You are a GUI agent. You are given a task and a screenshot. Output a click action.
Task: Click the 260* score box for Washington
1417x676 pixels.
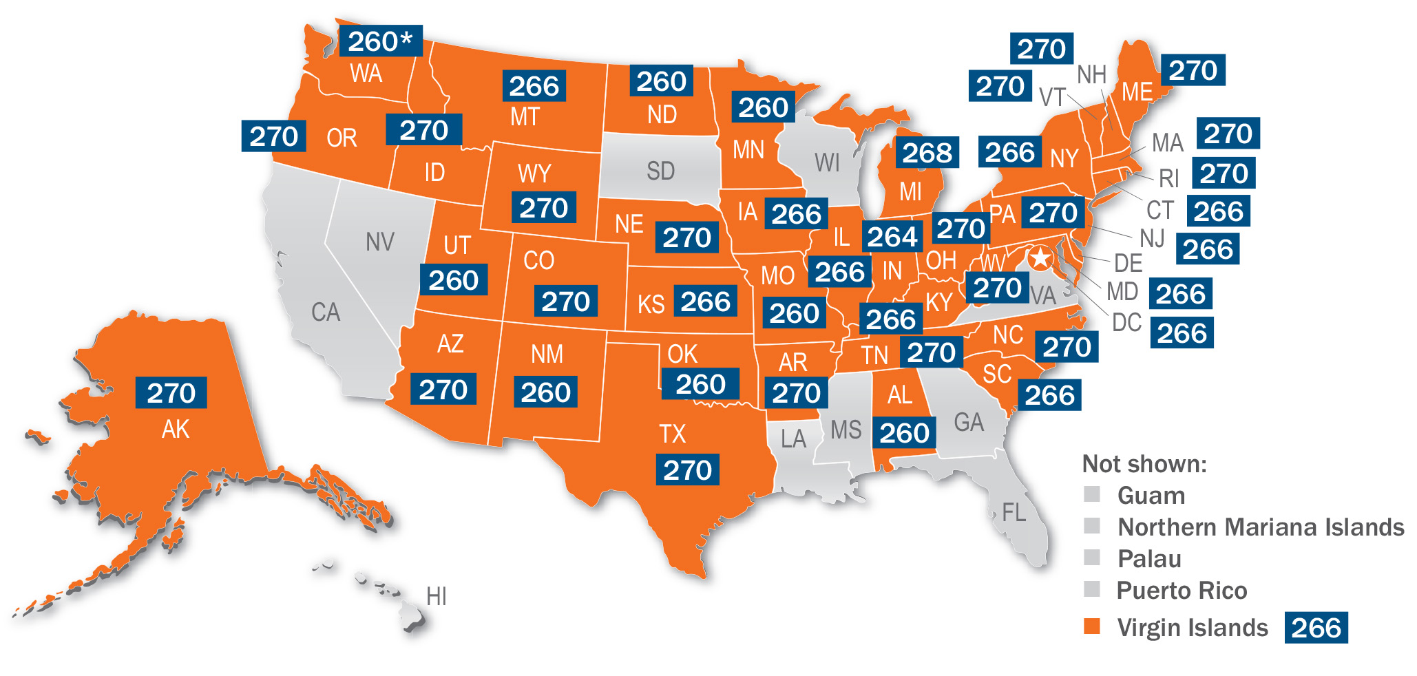[x=381, y=42]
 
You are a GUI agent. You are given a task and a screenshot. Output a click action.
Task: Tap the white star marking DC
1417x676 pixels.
[x=1040, y=259]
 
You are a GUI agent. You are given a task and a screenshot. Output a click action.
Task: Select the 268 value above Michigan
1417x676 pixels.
[x=927, y=153]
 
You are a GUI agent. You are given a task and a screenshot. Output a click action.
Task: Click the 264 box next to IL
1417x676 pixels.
[x=892, y=237]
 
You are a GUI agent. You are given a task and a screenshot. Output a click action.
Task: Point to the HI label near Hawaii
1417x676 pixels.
[x=436, y=596]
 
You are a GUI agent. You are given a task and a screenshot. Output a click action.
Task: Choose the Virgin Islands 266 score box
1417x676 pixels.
[x=1315, y=628]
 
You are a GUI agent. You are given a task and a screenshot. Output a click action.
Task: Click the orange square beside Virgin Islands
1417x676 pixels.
[x=1091, y=626]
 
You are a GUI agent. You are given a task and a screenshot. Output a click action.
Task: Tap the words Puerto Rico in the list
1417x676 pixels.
[x=1181, y=591]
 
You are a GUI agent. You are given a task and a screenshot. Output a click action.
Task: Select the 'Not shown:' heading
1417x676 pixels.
[x=1144, y=464]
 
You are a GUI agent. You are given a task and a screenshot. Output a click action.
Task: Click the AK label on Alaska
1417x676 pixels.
[x=175, y=430]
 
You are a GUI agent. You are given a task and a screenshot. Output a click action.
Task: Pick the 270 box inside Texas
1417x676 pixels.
[x=687, y=470]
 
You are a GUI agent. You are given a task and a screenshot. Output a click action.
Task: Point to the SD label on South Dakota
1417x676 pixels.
[x=660, y=171]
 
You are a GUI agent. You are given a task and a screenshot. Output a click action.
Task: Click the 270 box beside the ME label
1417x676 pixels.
[x=1193, y=70]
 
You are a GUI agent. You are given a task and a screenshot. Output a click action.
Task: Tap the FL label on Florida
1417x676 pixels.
[x=1014, y=512]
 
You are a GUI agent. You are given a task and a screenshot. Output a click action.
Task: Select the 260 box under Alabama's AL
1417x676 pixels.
[x=904, y=433]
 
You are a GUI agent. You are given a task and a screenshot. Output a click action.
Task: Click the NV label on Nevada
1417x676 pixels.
[x=380, y=242]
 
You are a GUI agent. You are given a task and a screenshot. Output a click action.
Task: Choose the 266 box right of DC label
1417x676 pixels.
[x=1182, y=333]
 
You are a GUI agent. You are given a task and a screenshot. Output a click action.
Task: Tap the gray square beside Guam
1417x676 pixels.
[x=1091, y=494]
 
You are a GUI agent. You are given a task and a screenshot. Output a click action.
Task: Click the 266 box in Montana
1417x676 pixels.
[x=534, y=86]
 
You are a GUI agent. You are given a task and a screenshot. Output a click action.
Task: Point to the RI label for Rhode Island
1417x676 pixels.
[x=1168, y=179]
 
